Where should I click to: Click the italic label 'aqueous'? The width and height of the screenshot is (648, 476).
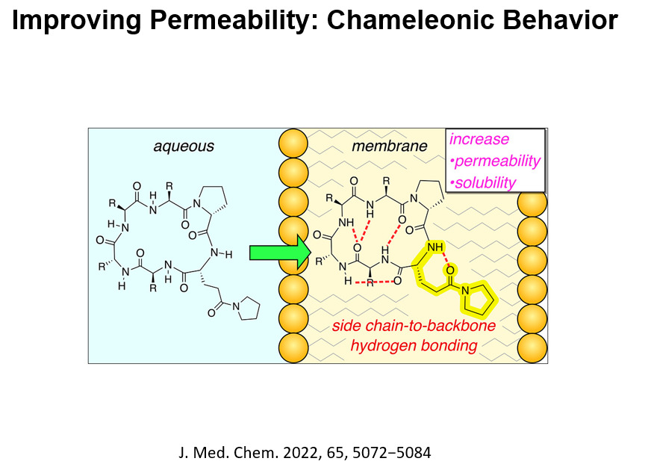click(184, 146)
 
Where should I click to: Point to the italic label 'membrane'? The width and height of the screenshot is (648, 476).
click(390, 146)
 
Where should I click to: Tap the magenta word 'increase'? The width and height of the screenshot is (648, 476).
click(479, 140)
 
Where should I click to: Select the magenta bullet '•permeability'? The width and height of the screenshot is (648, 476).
click(495, 161)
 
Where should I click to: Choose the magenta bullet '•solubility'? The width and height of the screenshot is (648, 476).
click(483, 182)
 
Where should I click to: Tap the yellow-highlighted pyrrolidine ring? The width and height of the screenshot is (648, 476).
click(478, 300)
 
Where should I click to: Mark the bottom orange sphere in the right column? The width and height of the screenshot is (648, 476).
click(534, 347)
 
